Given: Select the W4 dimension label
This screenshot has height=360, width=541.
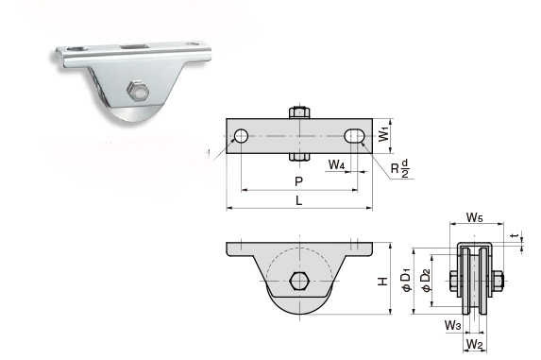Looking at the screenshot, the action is pos(336,164).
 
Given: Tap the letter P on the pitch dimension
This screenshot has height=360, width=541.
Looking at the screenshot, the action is pos(298,181).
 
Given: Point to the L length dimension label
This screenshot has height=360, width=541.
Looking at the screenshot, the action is pos(299,200).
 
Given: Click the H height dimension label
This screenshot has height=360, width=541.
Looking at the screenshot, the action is pos(382,282).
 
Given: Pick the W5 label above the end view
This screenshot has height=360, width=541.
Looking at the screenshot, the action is pos(475,217).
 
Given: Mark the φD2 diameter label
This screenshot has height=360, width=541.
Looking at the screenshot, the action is pos(427,280).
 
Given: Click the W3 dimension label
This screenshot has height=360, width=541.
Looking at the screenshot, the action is pos(452,325).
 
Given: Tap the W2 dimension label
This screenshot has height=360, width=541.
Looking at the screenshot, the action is pos(475,344).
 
